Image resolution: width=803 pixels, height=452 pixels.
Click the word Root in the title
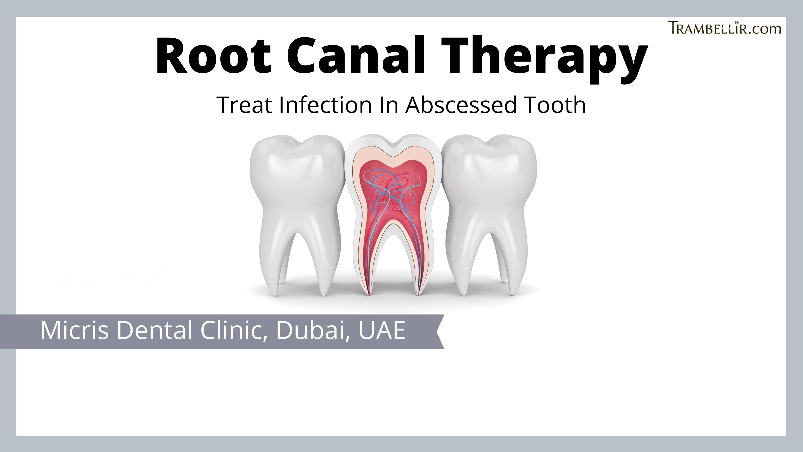tap(213, 56)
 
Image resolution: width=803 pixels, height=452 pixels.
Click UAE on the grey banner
tap(382, 331)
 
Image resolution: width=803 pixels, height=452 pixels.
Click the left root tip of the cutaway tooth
tap(368, 293)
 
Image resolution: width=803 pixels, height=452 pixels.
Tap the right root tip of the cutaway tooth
tap(418, 293)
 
